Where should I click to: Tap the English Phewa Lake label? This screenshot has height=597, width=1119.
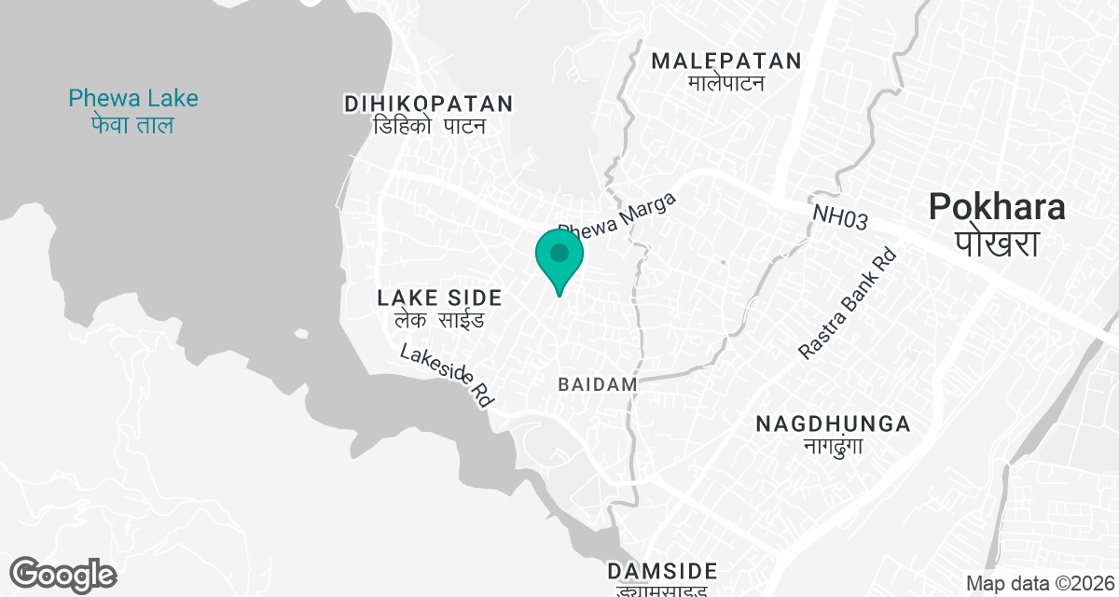pos(133,98)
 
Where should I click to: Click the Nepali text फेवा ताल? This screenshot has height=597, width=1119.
pos(133,125)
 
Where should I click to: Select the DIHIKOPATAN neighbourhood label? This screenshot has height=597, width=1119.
pos(429,104)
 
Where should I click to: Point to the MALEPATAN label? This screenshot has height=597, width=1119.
pos(726,62)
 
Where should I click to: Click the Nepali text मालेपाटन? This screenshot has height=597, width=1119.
pos(726,84)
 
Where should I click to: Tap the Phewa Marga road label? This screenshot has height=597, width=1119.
pos(616,215)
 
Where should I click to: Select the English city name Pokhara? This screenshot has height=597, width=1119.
pos(997,207)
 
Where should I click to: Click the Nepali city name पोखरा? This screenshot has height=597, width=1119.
pos(997,244)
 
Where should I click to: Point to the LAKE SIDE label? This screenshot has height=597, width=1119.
pos(439,298)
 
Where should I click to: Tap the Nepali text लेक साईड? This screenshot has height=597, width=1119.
pos(439,322)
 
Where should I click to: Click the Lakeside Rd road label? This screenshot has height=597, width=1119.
pos(447,376)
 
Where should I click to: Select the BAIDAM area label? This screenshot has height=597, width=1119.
pos(598,384)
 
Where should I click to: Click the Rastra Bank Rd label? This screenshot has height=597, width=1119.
pos(847,303)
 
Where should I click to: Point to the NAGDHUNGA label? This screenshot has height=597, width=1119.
pos(833,424)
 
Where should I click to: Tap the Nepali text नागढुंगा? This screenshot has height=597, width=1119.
pos(833,446)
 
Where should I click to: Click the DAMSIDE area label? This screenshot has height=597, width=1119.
pos(662,571)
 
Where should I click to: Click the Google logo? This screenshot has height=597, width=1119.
pos(62,574)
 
